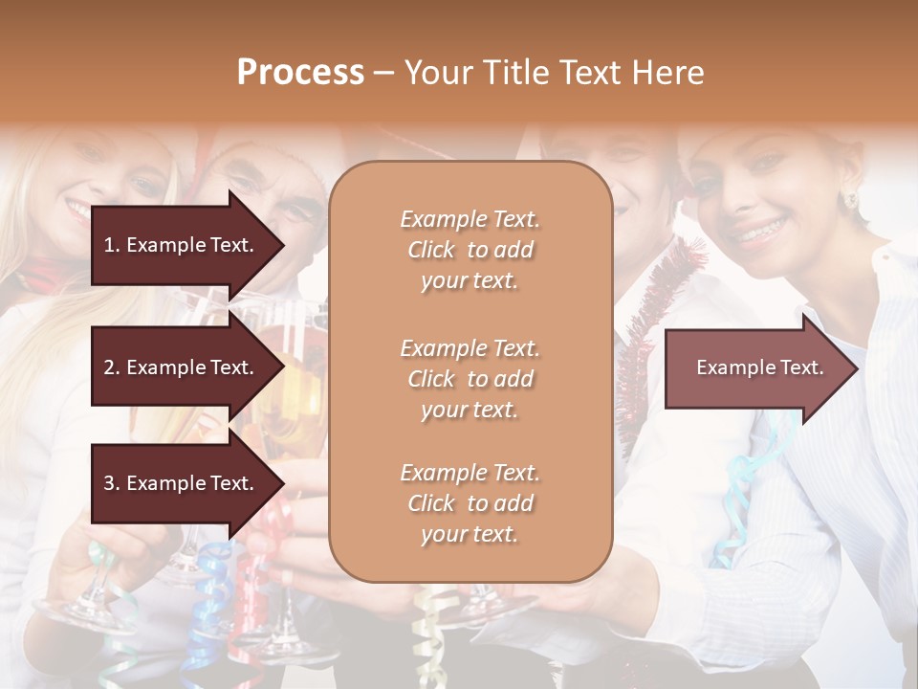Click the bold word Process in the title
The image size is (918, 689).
(x=300, y=73)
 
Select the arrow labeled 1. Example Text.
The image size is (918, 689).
(x=182, y=245)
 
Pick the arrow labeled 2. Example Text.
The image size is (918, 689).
(x=182, y=367)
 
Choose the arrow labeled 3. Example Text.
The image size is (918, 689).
(x=182, y=484)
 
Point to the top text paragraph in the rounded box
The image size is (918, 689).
(x=470, y=250)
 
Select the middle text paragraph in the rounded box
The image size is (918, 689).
(x=470, y=379)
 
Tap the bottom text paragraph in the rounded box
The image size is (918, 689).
(x=470, y=503)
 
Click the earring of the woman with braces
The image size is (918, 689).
(x=847, y=200)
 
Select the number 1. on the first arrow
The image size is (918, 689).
(x=112, y=245)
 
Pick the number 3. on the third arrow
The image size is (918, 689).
(x=112, y=484)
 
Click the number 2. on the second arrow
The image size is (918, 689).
(x=112, y=367)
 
